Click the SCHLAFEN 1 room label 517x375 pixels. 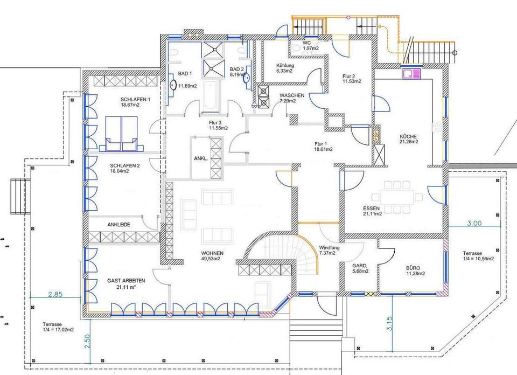(x=135, y=99)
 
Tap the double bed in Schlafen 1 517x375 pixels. (x=121, y=134)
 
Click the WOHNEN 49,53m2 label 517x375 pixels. (x=212, y=256)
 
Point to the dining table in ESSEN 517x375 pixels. (x=397, y=197)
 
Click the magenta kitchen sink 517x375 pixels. (x=411, y=73)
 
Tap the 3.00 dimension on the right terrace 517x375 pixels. (x=474, y=223)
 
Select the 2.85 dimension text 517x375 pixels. (x=55, y=294)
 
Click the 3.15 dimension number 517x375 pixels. (x=389, y=324)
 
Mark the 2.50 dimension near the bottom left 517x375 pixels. (x=87, y=342)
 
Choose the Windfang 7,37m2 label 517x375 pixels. (x=329, y=251)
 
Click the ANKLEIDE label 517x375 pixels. (x=118, y=225)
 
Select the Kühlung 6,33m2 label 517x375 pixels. (x=285, y=68)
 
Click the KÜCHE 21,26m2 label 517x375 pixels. (x=409, y=139)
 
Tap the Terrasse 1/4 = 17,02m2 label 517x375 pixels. (x=58, y=327)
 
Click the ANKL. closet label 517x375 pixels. (x=201, y=158)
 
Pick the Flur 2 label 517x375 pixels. (x=352, y=79)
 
